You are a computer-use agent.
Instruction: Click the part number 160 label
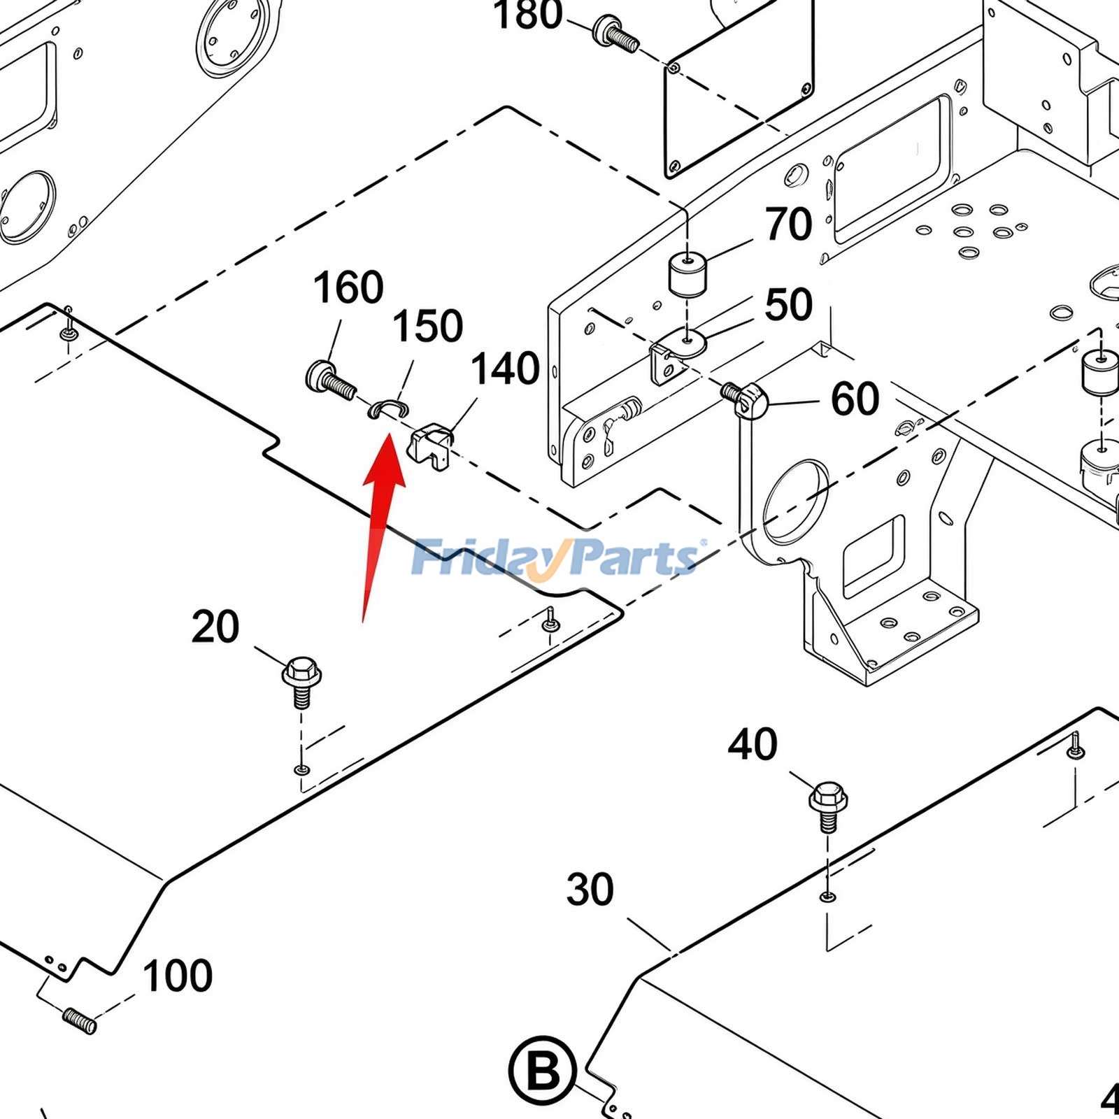point(348,287)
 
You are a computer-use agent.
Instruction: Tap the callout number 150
point(427,326)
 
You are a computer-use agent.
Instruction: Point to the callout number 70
point(789,224)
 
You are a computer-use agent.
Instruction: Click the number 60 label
point(855,399)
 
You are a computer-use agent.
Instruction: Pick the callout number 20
point(215,627)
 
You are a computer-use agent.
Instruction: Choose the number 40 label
point(753,744)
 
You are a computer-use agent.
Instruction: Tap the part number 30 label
point(590,890)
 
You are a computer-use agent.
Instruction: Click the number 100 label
point(178,976)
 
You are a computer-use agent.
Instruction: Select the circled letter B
point(542,1071)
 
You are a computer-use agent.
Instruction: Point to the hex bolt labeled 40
point(828,806)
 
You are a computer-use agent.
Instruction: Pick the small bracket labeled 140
point(430,446)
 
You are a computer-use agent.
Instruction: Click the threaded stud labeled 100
point(79,1020)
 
